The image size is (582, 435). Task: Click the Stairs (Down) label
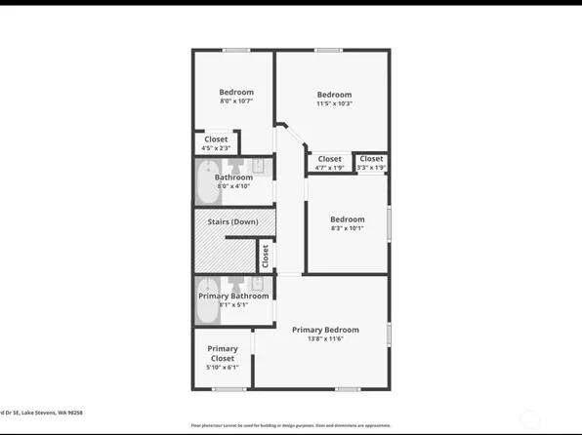pyautogui.click(x=232, y=222)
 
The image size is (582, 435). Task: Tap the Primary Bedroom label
pyautogui.click(x=325, y=330)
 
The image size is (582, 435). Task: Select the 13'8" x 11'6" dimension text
pyautogui.click(x=325, y=339)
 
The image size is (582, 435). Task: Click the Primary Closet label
pyautogui.click(x=222, y=353)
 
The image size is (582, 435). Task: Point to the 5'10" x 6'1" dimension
pyautogui.click(x=222, y=368)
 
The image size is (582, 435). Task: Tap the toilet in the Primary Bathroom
pyautogui.click(x=236, y=286)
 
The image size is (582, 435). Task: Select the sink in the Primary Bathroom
pyautogui.click(x=258, y=285)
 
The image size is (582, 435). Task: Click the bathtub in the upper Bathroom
pyautogui.click(x=207, y=178)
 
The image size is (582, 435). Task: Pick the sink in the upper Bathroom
pyautogui.click(x=258, y=166)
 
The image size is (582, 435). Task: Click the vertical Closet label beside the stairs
pyautogui.click(x=265, y=256)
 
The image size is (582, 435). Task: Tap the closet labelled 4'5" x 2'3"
pyautogui.click(x=216, y=143)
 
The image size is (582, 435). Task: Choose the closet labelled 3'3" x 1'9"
pyautogui.click(x=371, y=163)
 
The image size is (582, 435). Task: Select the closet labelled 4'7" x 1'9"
pyautogui.click(x=330, y=163)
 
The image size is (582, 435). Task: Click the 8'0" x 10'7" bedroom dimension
pyautogui.click(x=236, y=101)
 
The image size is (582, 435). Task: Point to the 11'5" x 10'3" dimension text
pyautogui.click(x=333, y=104)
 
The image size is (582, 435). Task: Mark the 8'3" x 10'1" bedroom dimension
pyautogui.click(x=347, y=230)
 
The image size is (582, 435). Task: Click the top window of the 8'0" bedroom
pyautogui.click(x=235, y=51)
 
